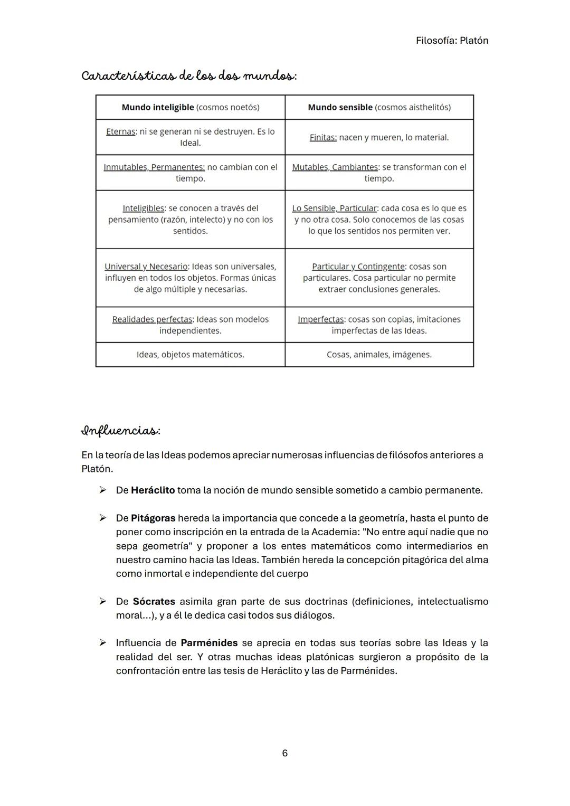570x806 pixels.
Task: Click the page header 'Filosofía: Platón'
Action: point(452,41)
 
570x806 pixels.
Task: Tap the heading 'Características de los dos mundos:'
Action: point(189,76)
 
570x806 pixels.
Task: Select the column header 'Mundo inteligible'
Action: point(158,107)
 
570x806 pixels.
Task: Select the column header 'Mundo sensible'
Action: point(340,107)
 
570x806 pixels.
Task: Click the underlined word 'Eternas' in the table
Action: point(120,131)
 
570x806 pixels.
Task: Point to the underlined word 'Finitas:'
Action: point(323,137)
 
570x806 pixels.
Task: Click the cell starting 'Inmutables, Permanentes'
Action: point(190,173)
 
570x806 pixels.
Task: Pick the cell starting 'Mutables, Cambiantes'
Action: point(379,173)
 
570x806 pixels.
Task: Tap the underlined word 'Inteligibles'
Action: point(143,208)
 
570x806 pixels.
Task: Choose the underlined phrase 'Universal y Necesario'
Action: point(146,267)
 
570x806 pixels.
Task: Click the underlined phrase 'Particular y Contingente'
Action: point(358,267)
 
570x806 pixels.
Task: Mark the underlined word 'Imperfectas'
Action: point(320,319)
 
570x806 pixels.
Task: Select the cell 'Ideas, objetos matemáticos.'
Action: point(190,355)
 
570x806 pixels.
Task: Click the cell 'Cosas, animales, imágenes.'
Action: point(379,355)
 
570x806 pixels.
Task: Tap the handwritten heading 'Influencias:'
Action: point(121,431)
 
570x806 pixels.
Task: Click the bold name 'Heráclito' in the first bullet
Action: point(153,490)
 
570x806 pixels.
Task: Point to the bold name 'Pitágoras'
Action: point(153,518)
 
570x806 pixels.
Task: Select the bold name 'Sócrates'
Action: point(154,602)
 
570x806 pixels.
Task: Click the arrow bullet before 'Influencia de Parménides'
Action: point(103,643)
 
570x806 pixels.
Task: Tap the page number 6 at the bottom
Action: point(285,753)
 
